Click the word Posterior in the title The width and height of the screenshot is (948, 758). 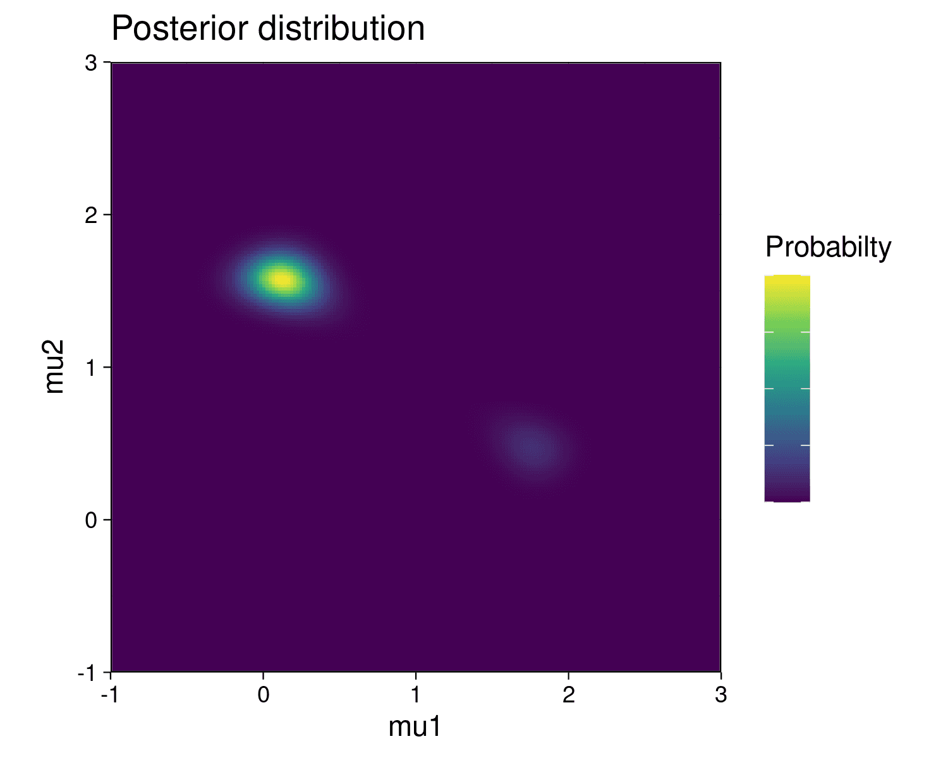coord(181,28)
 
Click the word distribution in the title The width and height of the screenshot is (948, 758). coord(341,28)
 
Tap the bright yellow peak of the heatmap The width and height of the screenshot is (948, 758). coord(283,279)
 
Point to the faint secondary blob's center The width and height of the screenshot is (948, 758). coord(533,448)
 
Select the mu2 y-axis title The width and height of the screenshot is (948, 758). coord(54,366)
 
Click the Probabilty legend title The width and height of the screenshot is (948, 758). coord(828,247)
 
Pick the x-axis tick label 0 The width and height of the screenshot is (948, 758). coord(264,695)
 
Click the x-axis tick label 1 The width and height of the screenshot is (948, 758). coord(416,695)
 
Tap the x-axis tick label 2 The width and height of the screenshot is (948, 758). coord(569,695)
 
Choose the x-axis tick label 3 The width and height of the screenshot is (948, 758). coord(720,695)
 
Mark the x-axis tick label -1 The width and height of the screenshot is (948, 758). coord(110,695)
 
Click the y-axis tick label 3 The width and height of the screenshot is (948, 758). coord(91,63)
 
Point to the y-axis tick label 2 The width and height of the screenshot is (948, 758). coord(91,215)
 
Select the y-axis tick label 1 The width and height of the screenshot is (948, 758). coord(91,368)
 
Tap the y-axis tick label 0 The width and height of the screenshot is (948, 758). coord(91,520)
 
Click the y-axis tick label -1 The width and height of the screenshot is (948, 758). coord(87,673)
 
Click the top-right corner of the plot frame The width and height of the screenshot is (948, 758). coord(720,63)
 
